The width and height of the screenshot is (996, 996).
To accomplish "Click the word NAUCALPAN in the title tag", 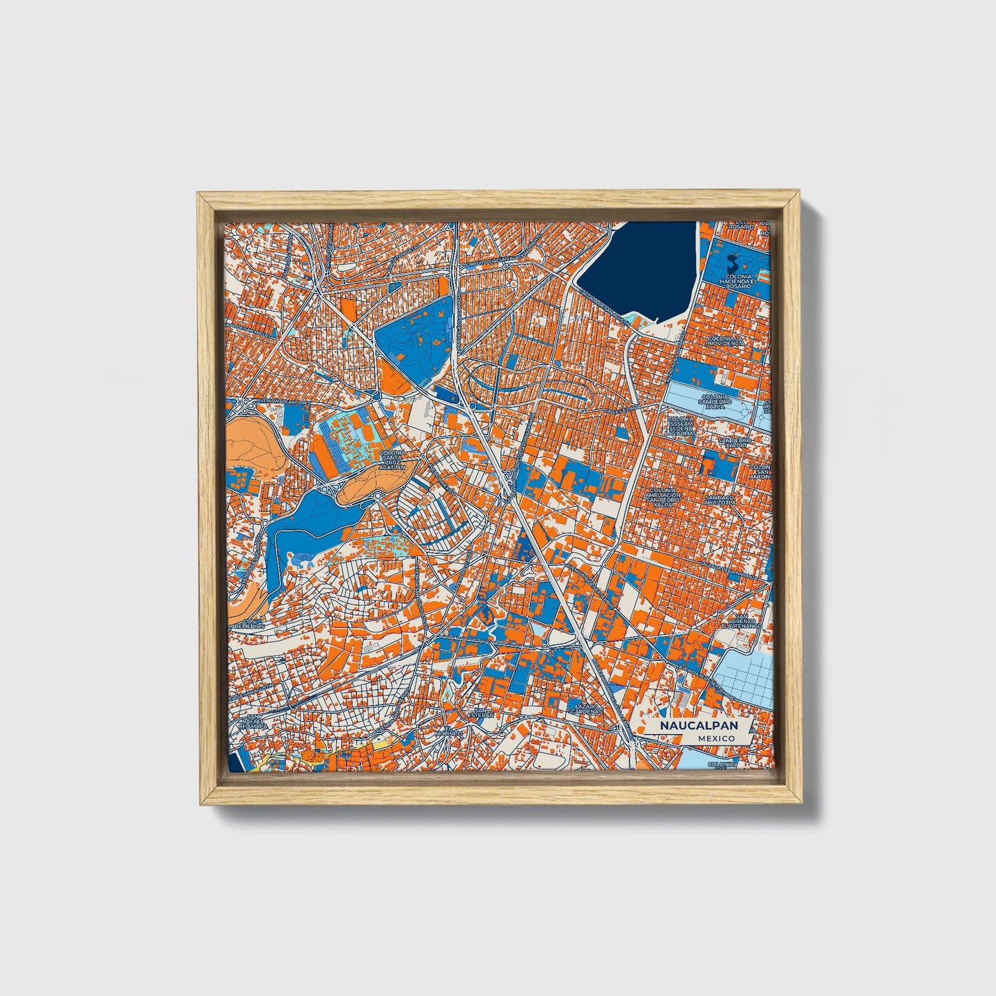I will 698,726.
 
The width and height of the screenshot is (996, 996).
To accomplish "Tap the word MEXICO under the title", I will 715,738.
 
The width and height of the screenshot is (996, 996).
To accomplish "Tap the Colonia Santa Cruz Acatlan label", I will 398,459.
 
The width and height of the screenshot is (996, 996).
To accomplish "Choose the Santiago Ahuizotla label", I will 721,499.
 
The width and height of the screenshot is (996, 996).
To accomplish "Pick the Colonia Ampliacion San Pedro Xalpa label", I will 662,498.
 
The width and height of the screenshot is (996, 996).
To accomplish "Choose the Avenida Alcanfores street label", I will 265,401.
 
